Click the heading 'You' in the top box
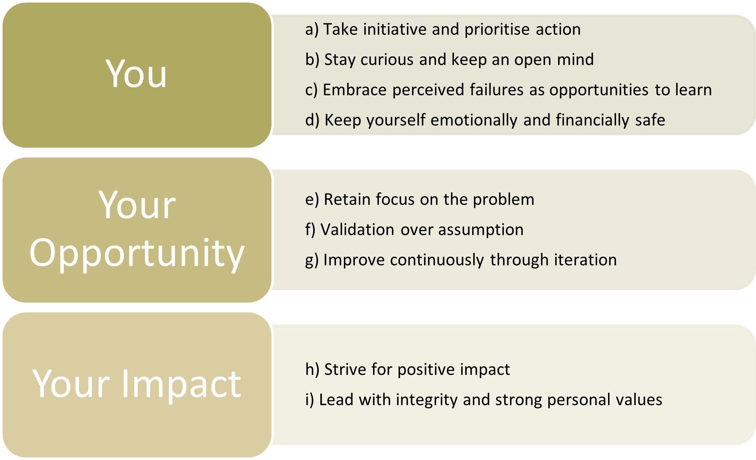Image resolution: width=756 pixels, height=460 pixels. click(x=136, y=74)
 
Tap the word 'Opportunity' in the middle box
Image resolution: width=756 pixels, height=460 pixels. click(x=137, y=254)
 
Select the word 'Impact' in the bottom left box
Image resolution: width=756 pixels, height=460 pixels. click(x=181, y=385)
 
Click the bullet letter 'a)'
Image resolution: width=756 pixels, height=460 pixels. click(x=312, y=30)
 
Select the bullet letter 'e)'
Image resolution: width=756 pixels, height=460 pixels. click(x=312, y=200)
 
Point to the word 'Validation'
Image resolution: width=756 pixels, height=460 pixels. click(x=357, y=230)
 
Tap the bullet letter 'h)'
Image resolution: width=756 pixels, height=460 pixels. click(x=313, y=369)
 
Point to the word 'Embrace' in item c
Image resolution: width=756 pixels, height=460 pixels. click(x=355, y=90)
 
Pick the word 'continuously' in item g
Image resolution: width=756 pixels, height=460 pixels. click(x=437, y=260)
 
